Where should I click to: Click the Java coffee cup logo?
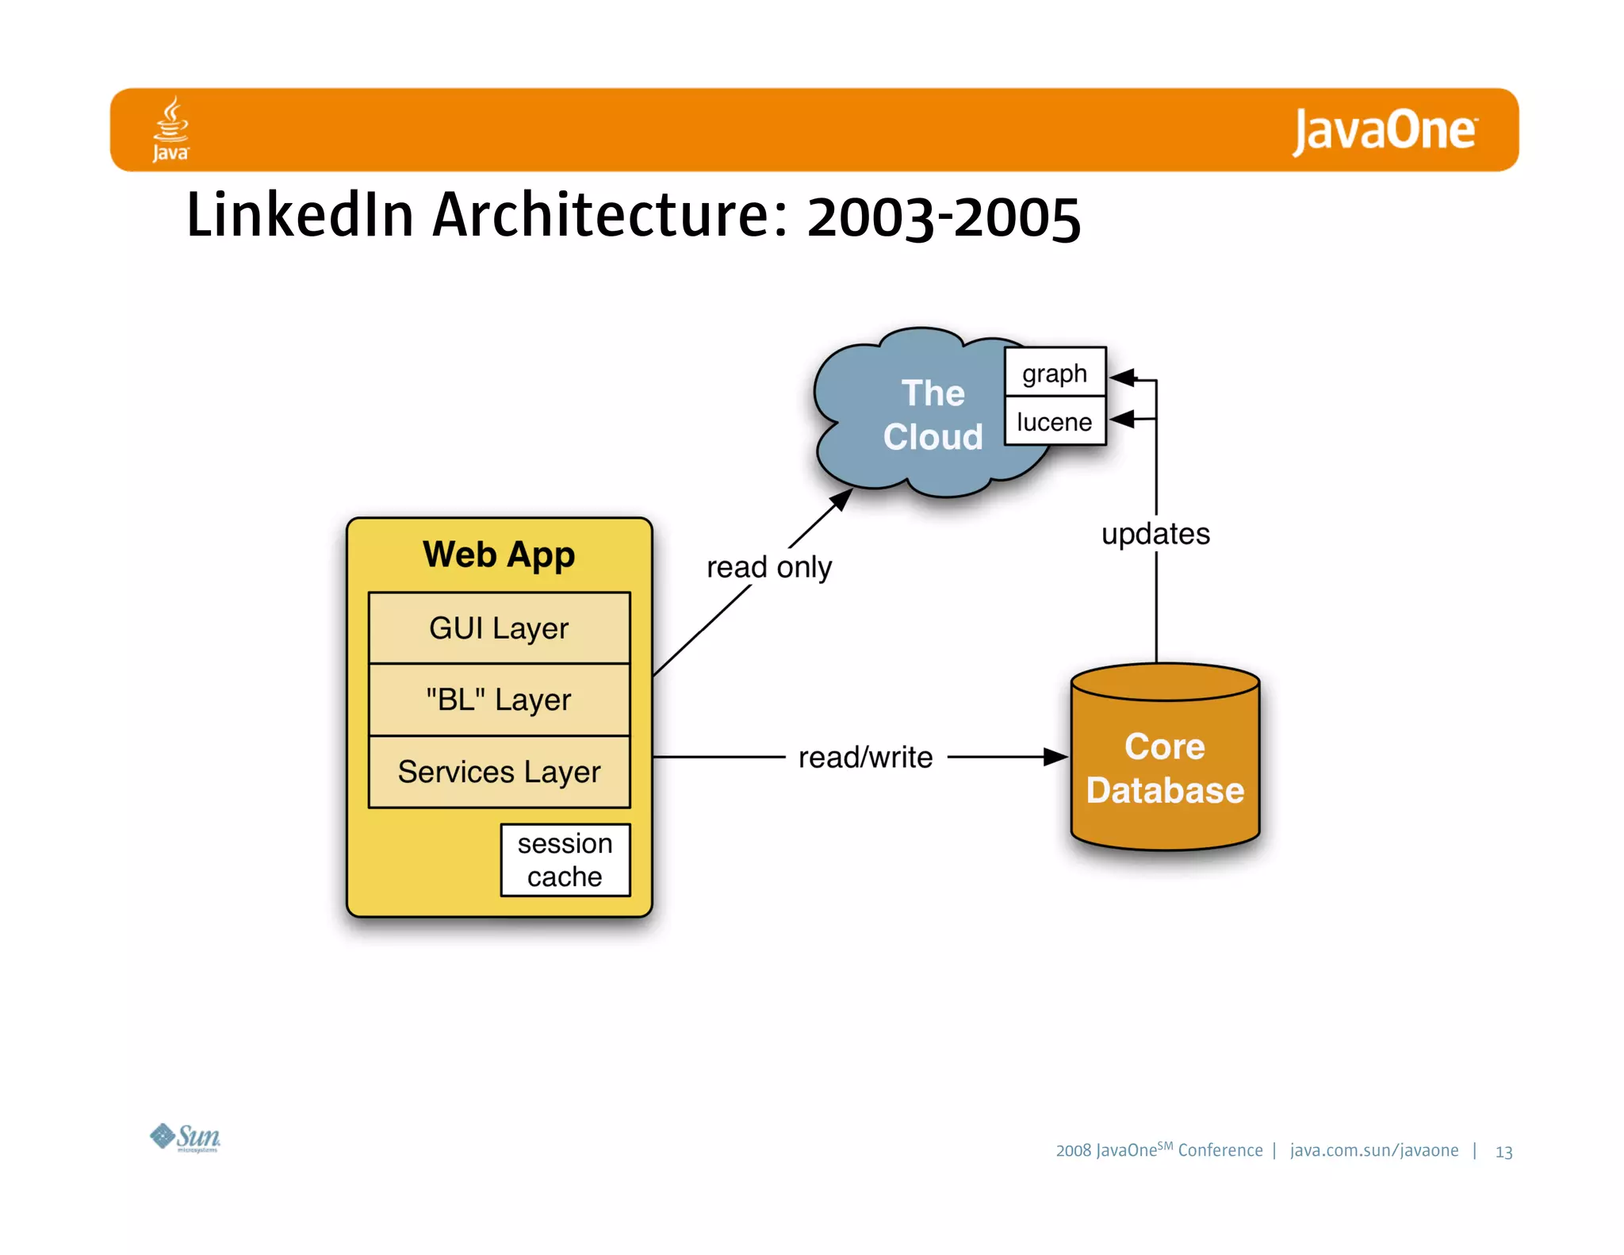170,129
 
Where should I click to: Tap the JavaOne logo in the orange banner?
1385,131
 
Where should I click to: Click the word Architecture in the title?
610,216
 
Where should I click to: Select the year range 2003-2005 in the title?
944,218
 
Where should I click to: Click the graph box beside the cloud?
1055,373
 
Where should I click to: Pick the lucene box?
1055,421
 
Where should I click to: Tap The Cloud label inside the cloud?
933,415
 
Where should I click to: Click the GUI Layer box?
499,628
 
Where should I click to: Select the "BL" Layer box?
499,700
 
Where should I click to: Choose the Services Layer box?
499,772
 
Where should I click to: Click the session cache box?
565,860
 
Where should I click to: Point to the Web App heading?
499,555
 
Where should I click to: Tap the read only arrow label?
769,567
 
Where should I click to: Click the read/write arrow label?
865,758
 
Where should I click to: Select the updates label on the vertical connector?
1155,534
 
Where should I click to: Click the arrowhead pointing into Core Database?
1056,757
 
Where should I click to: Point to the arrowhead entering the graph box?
1121,378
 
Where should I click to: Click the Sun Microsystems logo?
186,1138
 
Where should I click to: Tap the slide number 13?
1503,1152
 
